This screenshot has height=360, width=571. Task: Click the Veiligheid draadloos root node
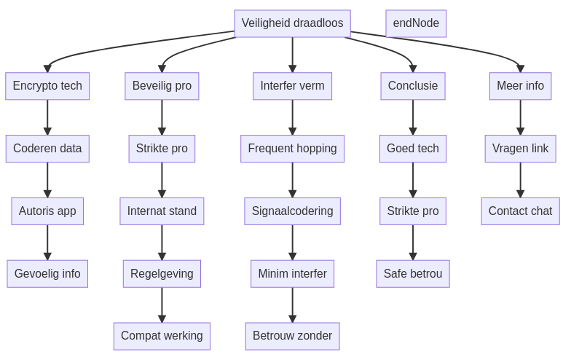tap(292, 23)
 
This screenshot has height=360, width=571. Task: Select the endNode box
tap(416, 23)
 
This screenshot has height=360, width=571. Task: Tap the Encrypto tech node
tap(47, 86)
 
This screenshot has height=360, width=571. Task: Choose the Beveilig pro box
tap(162, 86)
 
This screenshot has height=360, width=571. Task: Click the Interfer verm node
tap(292, 86)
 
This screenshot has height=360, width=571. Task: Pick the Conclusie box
tap(413, 86)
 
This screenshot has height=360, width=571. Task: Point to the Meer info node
tap(520, 86)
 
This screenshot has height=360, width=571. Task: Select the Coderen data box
tap(47, 149)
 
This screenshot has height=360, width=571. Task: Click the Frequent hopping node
tap(292, 149)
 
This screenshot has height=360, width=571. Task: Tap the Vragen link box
tap(520, 149)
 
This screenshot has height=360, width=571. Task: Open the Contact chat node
tap(520, 211)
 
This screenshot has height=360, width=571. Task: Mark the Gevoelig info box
tap(47, 274)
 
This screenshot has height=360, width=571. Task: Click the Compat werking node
tap(162, 336)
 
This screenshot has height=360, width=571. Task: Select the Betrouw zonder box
tap(292, 336)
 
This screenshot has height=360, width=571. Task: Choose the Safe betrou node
tap(413, 274)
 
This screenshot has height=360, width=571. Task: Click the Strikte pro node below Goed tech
tap(413, 211)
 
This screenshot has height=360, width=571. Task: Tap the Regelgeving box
tap(162, 274)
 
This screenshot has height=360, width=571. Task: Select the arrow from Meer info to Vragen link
tap(520, 117)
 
